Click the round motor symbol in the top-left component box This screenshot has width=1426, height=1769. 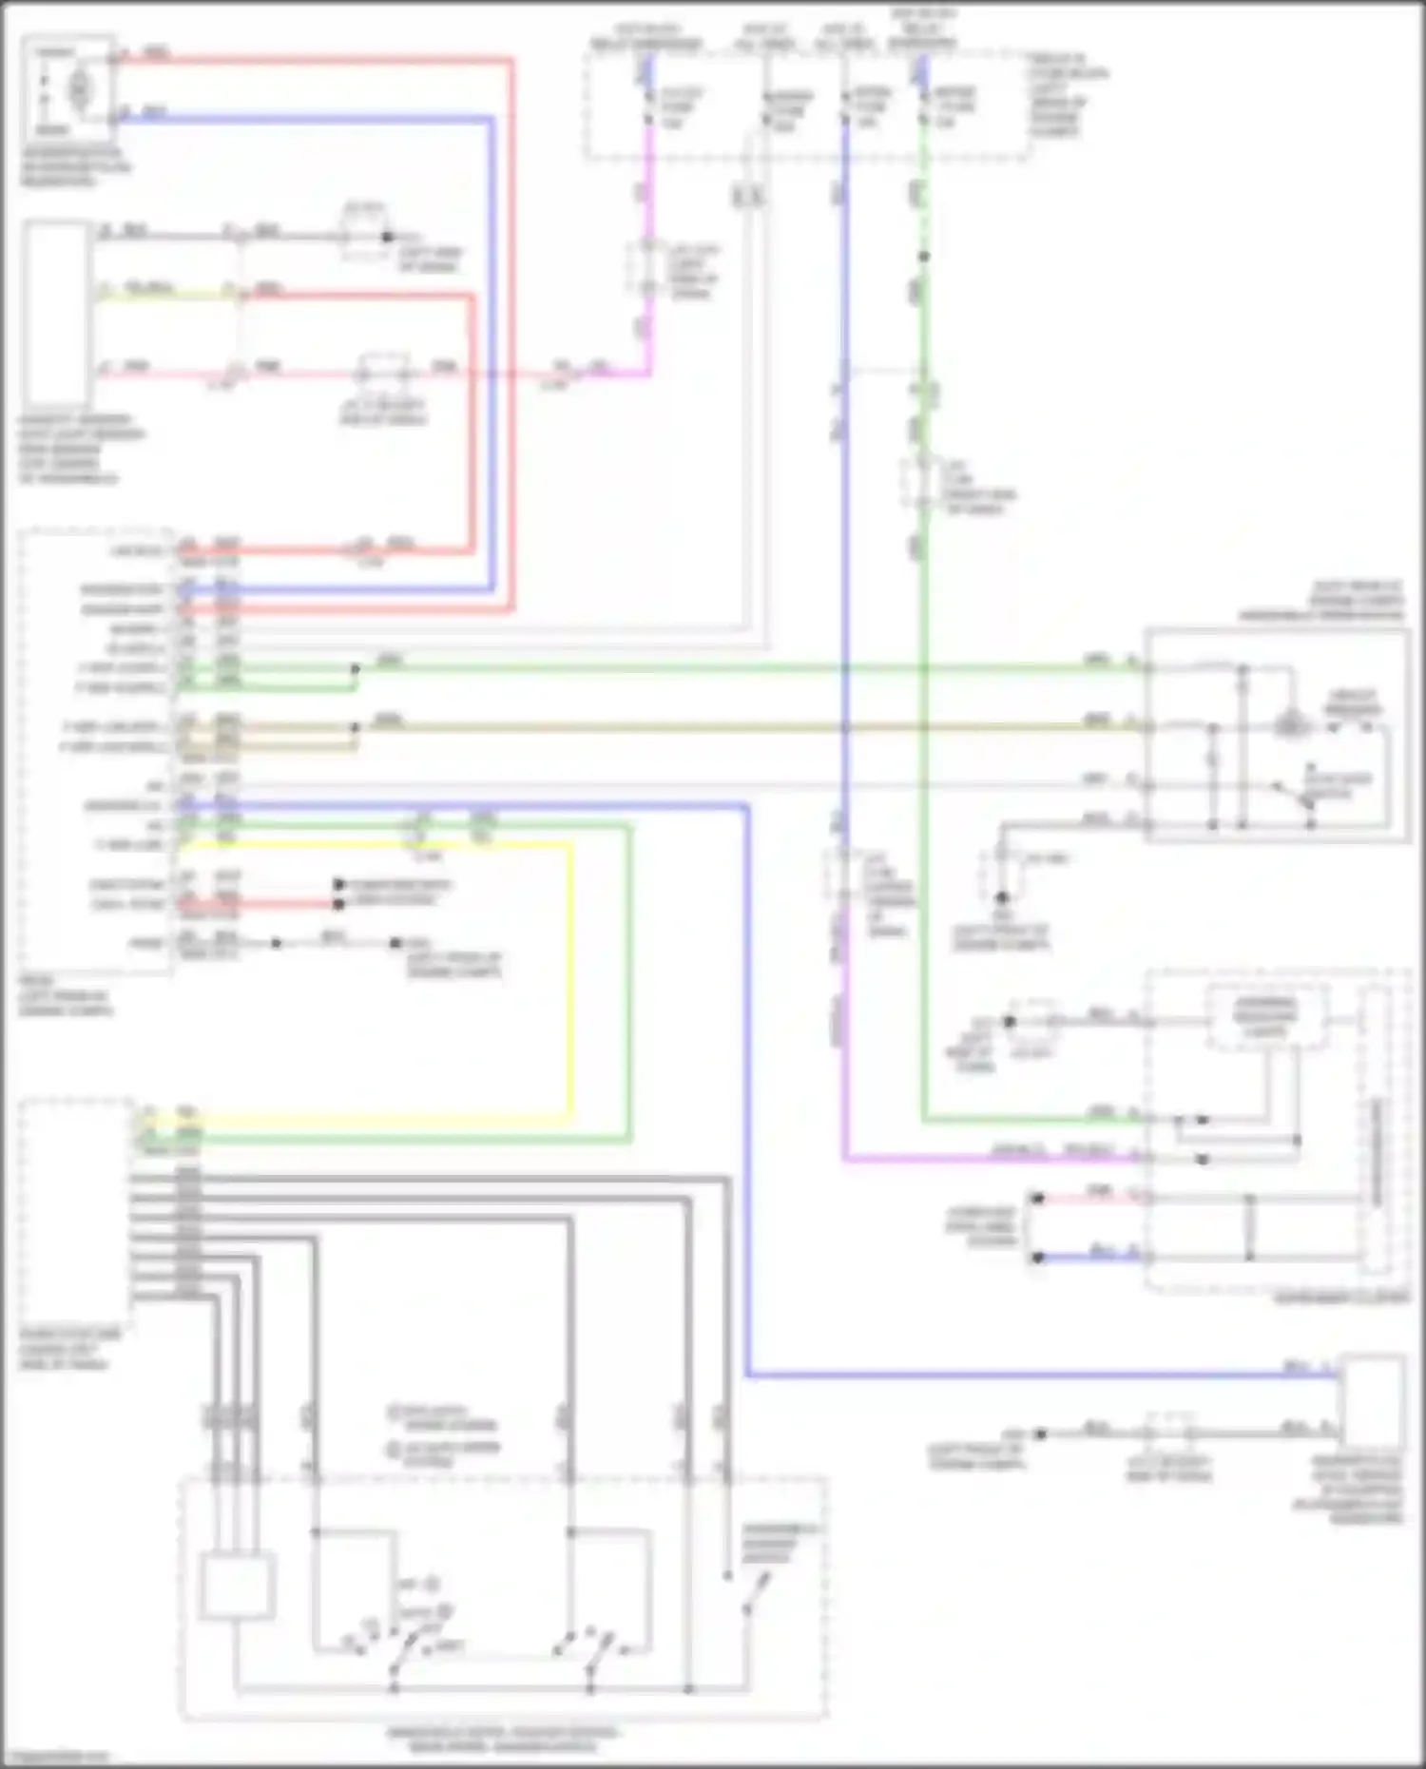(79, 87)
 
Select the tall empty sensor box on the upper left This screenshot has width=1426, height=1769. (57, 314)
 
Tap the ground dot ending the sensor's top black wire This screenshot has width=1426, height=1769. (386, 236)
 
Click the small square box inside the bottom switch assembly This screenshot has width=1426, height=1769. (237, 1585)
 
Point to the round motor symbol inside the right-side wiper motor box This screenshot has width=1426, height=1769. (1288, 724)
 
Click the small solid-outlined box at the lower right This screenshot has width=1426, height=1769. (1372, 1397)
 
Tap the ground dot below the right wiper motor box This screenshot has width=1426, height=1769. (1001, 896)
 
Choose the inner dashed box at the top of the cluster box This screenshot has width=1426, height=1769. (1265, 1017)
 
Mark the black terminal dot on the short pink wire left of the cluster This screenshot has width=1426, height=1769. (1037, 1198)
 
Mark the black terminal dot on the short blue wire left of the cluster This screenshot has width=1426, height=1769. (1037, 1257)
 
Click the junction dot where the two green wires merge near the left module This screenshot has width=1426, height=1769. (355, 669)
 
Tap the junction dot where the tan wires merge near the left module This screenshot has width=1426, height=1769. (355, 728)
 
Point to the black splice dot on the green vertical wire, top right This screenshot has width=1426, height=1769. (923, 256)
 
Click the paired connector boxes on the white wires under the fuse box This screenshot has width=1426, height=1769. (748, 196)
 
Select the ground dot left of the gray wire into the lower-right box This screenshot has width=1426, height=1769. (1040, 1433)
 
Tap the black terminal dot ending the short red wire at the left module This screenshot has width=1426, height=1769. (338, 903)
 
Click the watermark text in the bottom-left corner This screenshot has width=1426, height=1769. (55, 1758)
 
